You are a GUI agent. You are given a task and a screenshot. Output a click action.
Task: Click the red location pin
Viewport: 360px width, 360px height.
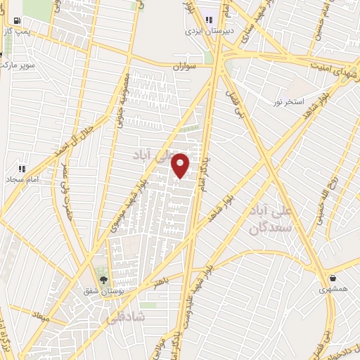[181, 165]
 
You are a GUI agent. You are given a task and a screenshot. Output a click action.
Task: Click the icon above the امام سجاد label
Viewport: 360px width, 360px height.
[21, 169]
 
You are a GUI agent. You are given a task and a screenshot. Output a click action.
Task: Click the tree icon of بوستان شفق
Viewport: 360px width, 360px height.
[103, 281]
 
